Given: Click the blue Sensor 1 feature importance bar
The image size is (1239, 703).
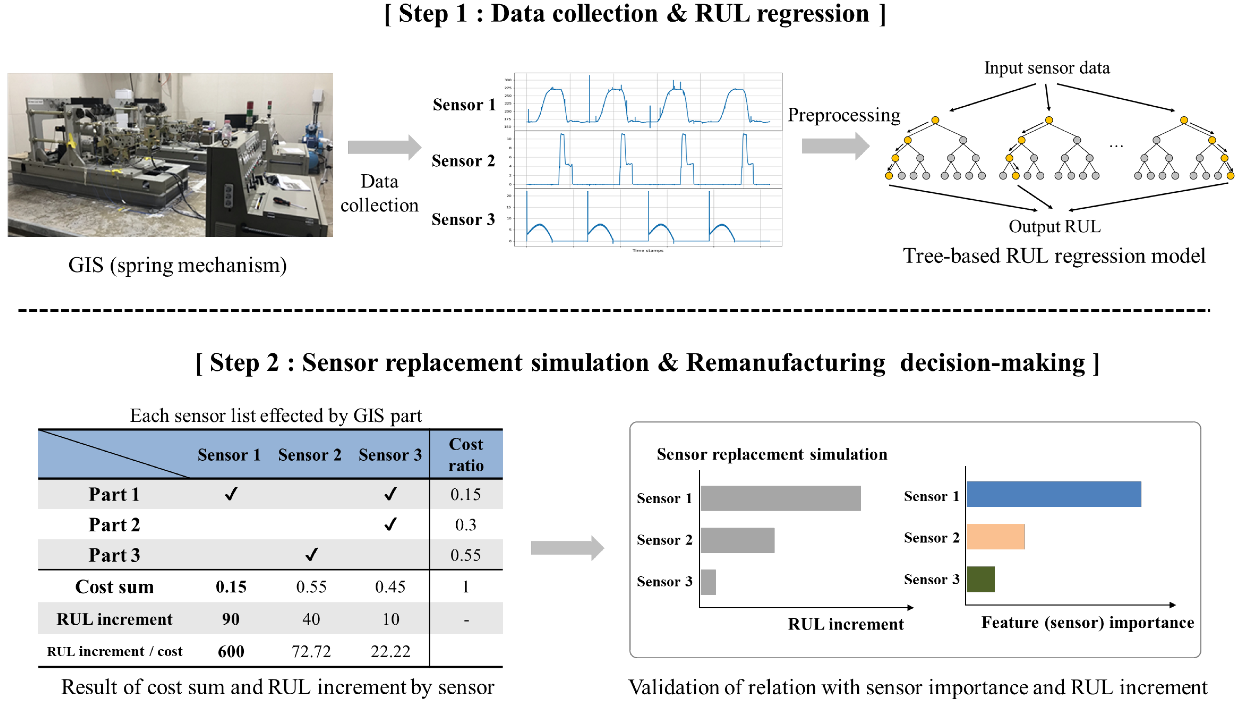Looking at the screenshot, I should click(1053, 494).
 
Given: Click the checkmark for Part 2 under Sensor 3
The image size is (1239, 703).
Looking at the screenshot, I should click(390, 524).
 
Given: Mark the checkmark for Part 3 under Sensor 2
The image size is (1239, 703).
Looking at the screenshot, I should click(311, 554).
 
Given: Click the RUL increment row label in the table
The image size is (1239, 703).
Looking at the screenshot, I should click(114, 619).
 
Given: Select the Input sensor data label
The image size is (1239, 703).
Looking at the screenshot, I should click(1046, 68).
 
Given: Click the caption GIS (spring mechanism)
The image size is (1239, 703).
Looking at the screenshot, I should click(178, 265).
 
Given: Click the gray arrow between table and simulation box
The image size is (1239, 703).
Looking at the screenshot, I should click(567, 548).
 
